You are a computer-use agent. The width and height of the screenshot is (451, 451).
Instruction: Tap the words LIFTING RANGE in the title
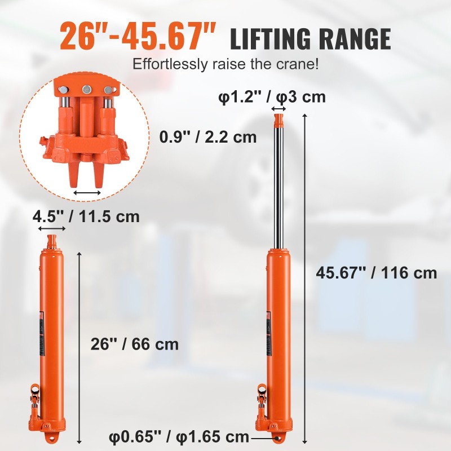[x=310, y=39]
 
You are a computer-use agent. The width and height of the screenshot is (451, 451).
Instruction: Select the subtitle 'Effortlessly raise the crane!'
[x=225, y=64]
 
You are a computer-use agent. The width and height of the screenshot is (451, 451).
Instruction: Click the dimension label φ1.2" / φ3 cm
[x=272, y=97]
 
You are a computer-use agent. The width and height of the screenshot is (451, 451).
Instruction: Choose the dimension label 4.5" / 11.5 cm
[x=85, y=216]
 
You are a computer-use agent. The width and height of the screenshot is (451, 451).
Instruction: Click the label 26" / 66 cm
[x=135, y=344]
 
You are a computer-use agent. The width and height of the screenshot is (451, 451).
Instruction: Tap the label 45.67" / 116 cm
[x=377, y=273]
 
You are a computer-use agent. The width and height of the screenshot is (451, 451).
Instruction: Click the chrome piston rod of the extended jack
[x=278, y=186]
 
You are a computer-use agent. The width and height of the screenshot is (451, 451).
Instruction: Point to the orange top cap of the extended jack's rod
[x=278, y=120]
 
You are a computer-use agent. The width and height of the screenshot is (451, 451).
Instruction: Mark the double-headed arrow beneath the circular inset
[x=87, y=193]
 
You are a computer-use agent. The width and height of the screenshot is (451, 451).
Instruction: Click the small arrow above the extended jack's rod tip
[x=278, y=108]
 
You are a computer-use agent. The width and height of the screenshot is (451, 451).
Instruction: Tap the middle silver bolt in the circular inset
[x=87, y=90]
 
